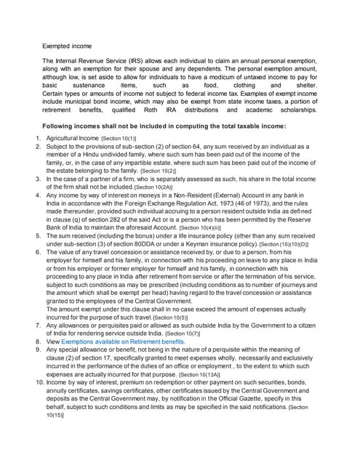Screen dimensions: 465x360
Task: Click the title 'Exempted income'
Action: click(67, 45)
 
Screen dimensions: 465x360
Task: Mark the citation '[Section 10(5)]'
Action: click(172, 318)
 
